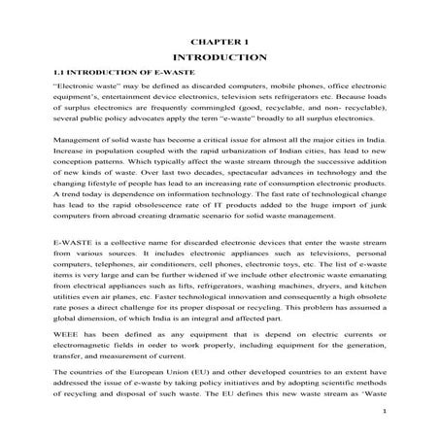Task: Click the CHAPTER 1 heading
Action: click(220, 42)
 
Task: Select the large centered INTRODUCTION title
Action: click(220, 58)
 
